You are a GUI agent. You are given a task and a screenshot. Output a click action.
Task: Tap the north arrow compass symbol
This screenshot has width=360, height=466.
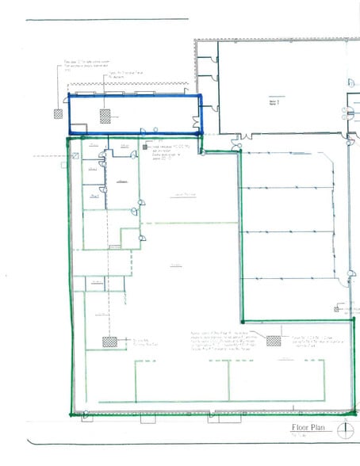click(x=347, y=430)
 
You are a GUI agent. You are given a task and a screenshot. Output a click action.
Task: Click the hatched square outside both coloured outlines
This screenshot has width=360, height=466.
click(x=57, y=113)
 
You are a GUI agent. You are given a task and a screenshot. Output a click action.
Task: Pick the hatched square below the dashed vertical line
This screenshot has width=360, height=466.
click(x=107, y=342)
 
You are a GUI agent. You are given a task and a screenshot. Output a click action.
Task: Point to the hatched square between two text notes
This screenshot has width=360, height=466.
click(x=274, y=341)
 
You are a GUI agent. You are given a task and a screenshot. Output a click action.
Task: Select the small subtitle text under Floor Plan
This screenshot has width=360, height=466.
click(x=299, y=437)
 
